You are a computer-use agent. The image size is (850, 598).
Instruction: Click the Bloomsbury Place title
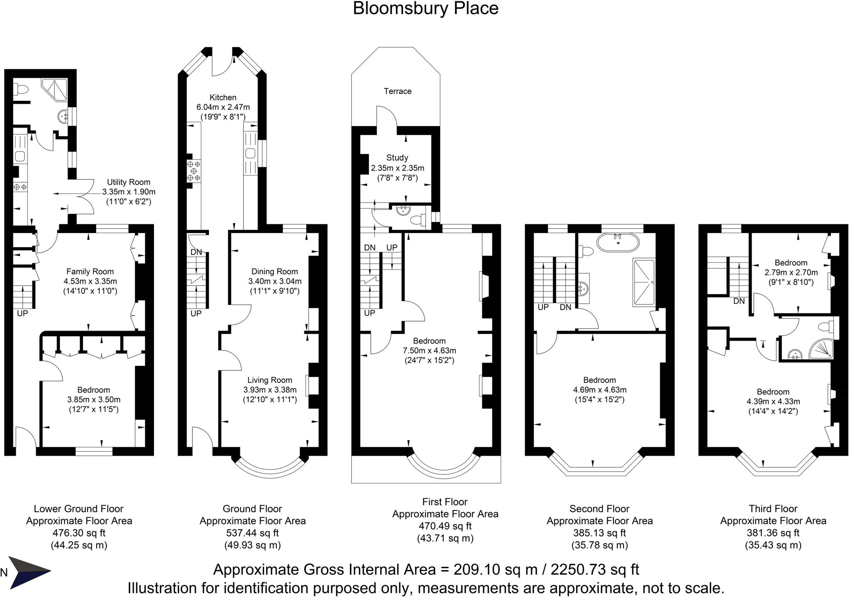click(425, 8)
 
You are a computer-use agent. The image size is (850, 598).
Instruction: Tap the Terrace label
click(397, 91)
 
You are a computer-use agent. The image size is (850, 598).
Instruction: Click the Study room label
click(397, 158)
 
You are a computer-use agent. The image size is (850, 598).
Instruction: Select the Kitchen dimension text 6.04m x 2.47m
click(223, 107)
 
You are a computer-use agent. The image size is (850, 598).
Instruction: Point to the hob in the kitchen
click(193, 171)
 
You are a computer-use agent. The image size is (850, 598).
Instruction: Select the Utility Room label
click(129, 182)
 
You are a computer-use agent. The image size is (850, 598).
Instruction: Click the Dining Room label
click(274, 272)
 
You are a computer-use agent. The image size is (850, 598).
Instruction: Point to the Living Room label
click(270, 380)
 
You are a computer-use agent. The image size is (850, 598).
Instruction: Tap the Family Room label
click(90, 272)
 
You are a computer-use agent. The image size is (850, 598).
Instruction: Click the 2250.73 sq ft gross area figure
click(594, 570)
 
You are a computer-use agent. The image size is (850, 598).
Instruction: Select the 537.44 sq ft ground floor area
click(252, 533)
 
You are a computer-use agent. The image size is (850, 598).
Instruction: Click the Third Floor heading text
click(773, 508)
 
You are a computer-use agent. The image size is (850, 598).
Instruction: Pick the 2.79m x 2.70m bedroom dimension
click(791, 272)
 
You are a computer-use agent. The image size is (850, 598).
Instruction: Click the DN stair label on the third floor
click(739, 301)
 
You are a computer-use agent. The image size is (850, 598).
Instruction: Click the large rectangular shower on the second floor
click(644, 283)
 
